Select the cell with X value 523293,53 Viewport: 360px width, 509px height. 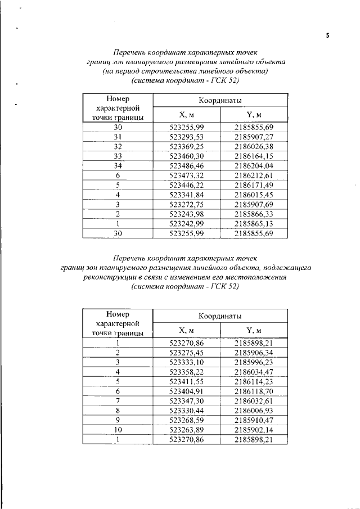[x=186, y=137]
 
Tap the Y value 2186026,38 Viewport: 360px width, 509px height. [x=253, y=146]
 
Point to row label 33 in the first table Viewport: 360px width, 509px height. [x=118, y=156]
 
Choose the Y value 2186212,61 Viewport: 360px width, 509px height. [x=253, y=175]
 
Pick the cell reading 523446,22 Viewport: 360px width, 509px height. [x=186, y=185]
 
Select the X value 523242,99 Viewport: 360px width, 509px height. [x=186, y=224]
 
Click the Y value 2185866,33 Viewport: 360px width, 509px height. [x=253, y=214]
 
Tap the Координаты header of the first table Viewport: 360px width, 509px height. [x=219, y=100]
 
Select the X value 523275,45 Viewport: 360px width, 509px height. [x=186, y=352]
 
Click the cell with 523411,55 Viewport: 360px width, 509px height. [x=186, y=381]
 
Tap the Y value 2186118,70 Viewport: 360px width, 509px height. [x=253, y=391]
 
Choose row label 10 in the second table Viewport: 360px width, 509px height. [x=118, y=430]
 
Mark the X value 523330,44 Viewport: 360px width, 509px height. [x=186, y=410]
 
